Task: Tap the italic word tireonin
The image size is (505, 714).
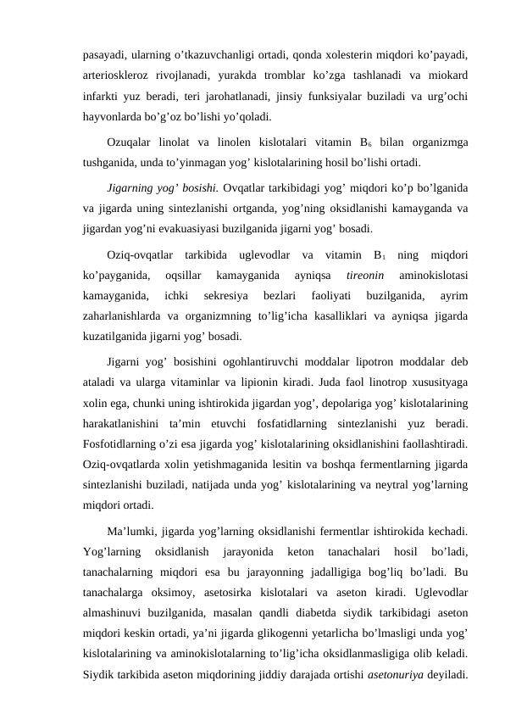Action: (365, 276)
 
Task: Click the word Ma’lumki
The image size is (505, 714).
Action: (134, 533)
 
